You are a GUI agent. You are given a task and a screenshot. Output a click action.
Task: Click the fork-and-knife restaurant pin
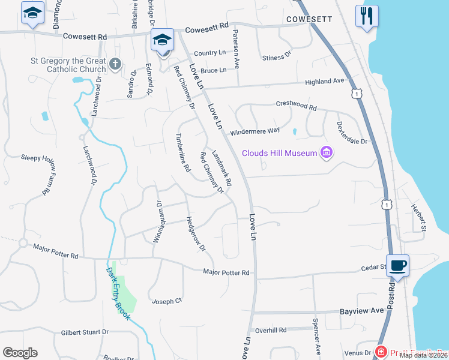pyautogui.click(x=366, y=15)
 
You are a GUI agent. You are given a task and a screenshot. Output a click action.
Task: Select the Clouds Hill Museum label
pyautogui.click(x=279, y=153)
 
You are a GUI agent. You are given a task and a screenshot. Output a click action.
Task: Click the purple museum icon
pyautogui.click(x=327, y=152)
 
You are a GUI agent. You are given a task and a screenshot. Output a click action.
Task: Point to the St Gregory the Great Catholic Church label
pyautogui.click(x=68, y=64)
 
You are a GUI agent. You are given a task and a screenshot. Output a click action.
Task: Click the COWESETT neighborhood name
pyautogui.click(x=309, y=19)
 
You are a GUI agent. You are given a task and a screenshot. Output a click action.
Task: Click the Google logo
pyautogui.click(x=20, y=353)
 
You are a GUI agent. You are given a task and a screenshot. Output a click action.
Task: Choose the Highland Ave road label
pyautogui.click(x=325, y=81)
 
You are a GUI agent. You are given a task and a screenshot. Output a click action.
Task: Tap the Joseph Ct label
pyautogui.click(x=167, y=301)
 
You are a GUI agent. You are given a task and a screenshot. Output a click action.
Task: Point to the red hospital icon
pyautogui.click(x=380, y=351)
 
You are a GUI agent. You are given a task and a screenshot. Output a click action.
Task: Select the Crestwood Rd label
pyautogui.click(x=296, y=106)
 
